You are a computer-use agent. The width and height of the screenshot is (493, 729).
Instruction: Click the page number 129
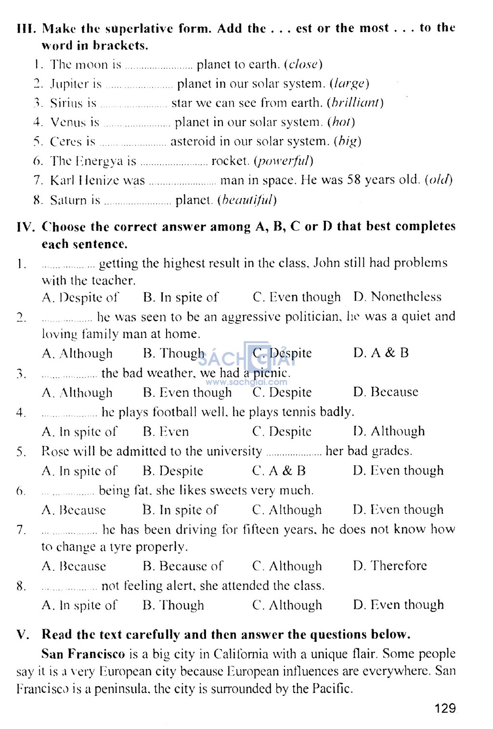tap(445, 708)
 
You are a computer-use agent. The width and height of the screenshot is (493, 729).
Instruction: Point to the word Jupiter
tap(69, 84)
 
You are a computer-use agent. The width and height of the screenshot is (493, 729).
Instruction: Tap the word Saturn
tap(69, 200)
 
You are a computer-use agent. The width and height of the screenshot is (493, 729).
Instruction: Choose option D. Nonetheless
tap(397, 297)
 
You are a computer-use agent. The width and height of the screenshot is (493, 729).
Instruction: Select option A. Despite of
tap(80, 298)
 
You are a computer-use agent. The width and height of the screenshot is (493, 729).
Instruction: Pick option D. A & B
tap(381, 353)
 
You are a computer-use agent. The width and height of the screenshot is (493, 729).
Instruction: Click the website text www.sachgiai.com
tap(246, 383)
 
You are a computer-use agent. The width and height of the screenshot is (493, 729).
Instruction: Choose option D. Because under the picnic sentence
tap(386, 392)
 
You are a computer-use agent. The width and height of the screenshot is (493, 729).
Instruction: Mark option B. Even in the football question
tap(166, 432)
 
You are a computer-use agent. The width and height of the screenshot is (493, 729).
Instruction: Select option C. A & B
tap(279, 471)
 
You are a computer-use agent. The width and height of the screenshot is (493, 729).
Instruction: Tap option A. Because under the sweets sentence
tap(74, 510)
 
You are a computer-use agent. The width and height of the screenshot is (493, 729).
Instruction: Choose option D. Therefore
tap(390, 566)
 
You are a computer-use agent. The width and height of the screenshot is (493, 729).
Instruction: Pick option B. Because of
tap(183, 566)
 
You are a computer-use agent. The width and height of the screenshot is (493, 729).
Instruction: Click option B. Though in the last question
tap(173, 605)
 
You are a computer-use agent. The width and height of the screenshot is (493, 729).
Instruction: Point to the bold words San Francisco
tap(83, 654)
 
